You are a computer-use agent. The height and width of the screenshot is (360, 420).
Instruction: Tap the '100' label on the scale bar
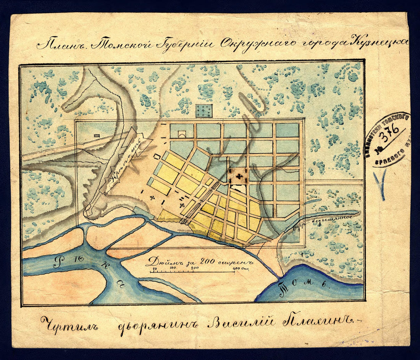point(171,268)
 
